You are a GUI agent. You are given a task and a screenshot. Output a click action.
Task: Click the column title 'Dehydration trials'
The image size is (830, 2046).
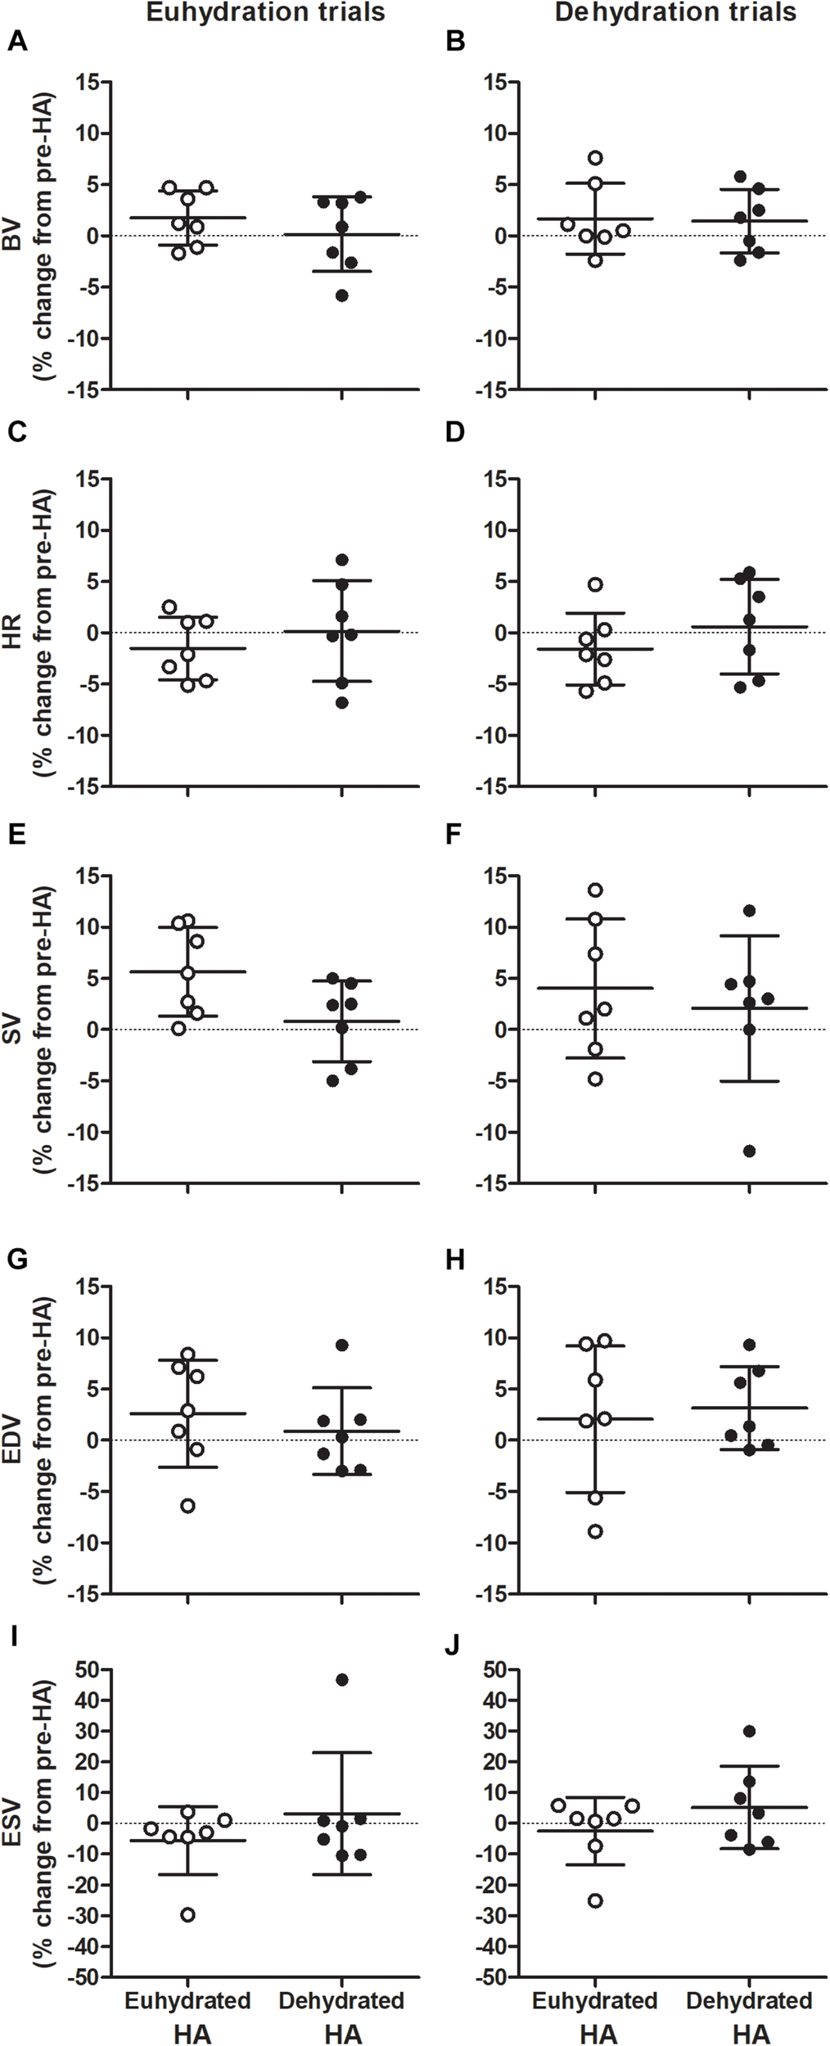point(675,12)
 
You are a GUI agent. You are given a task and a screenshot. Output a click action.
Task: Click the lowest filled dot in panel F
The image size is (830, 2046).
point(749,1151)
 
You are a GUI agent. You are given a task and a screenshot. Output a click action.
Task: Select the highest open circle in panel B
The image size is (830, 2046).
point(596,157)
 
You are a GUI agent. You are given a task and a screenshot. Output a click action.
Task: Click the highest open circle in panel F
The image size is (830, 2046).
point(596,890)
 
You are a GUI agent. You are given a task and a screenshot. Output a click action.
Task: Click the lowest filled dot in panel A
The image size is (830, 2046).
point(342,295)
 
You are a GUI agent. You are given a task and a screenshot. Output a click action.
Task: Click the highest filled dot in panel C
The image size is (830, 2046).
point(342,560)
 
